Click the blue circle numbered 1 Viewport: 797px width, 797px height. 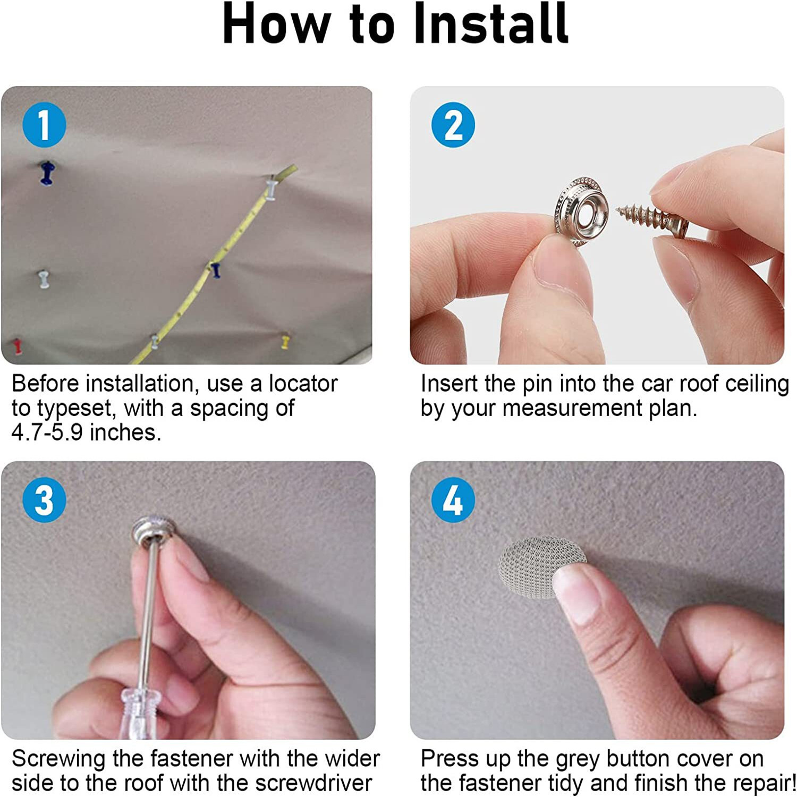44,125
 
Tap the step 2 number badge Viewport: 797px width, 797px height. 453,125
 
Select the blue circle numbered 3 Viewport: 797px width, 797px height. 44,500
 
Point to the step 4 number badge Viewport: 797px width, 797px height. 453,500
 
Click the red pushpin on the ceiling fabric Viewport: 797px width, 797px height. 18,345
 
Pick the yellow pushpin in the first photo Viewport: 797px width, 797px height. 285,341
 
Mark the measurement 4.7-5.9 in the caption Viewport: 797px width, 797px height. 47,433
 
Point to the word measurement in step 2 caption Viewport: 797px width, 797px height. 572,408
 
